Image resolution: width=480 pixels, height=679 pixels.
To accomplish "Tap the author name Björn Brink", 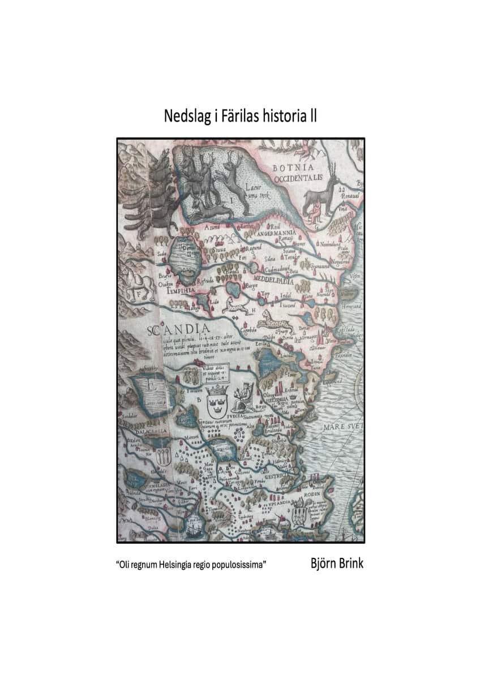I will click(x=337, y=564).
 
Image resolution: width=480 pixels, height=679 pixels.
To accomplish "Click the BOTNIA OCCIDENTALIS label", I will click(x=297, y=173).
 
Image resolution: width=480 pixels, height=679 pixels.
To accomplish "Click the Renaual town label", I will click(x=346, y=199).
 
